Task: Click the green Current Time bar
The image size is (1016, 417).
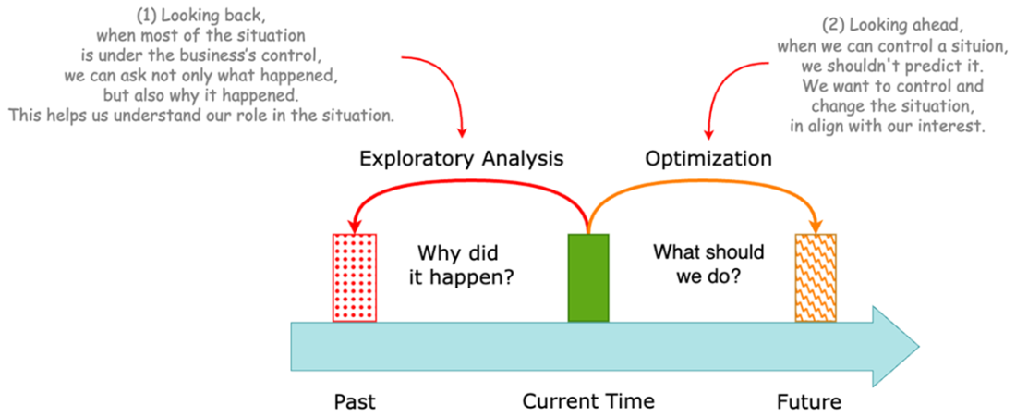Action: point(588,277)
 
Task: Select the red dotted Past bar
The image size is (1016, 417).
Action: point(354,277)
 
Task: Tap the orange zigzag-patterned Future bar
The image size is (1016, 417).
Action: point(816,277)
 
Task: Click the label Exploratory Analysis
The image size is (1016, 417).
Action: point(461,159)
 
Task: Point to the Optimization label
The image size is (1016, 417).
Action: point(708,159)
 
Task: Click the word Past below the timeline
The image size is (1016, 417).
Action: point(356,402)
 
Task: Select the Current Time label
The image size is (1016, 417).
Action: point(588,402)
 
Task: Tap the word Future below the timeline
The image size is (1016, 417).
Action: point(809,402)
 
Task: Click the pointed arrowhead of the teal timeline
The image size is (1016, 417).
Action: point(896,347)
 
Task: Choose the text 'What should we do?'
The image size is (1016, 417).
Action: point(708,264)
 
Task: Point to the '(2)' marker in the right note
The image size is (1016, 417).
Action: point(834,25)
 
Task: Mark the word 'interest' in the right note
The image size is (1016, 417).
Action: point(955,128)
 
